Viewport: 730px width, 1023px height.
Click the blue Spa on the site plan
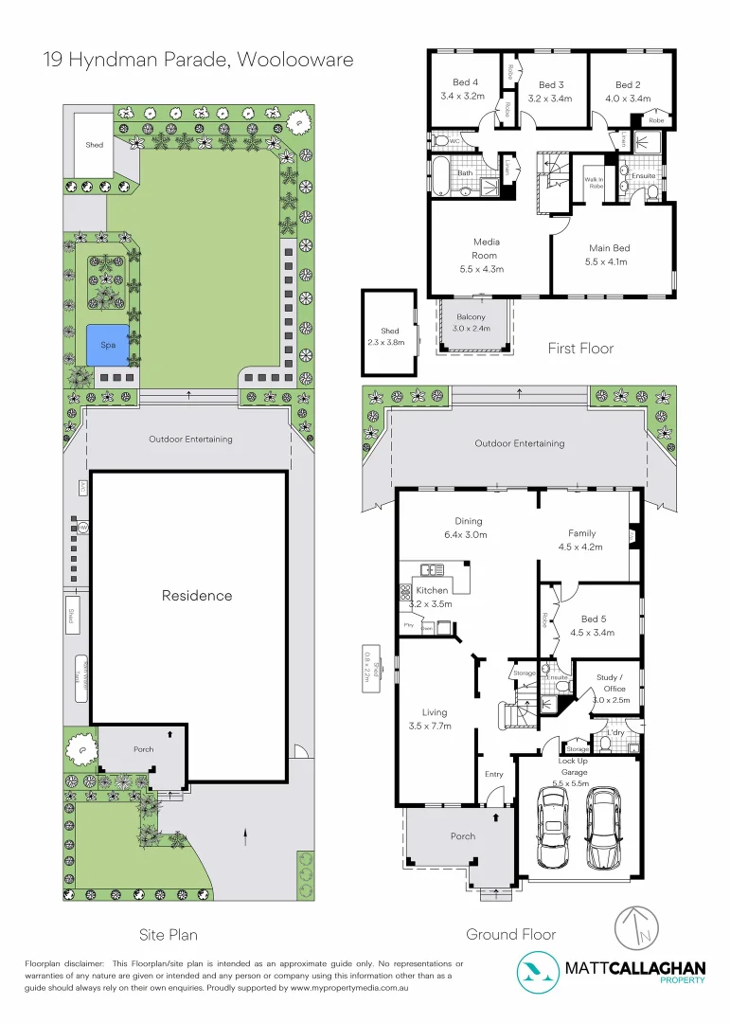[108, 345]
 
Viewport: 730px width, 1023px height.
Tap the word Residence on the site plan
[196, 596]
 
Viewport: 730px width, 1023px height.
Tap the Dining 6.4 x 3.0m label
[468, 528]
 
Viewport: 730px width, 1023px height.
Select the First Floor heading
[580, 349]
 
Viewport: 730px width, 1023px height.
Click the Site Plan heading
[169, 935]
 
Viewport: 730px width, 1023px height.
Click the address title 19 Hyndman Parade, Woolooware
[199, 60]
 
